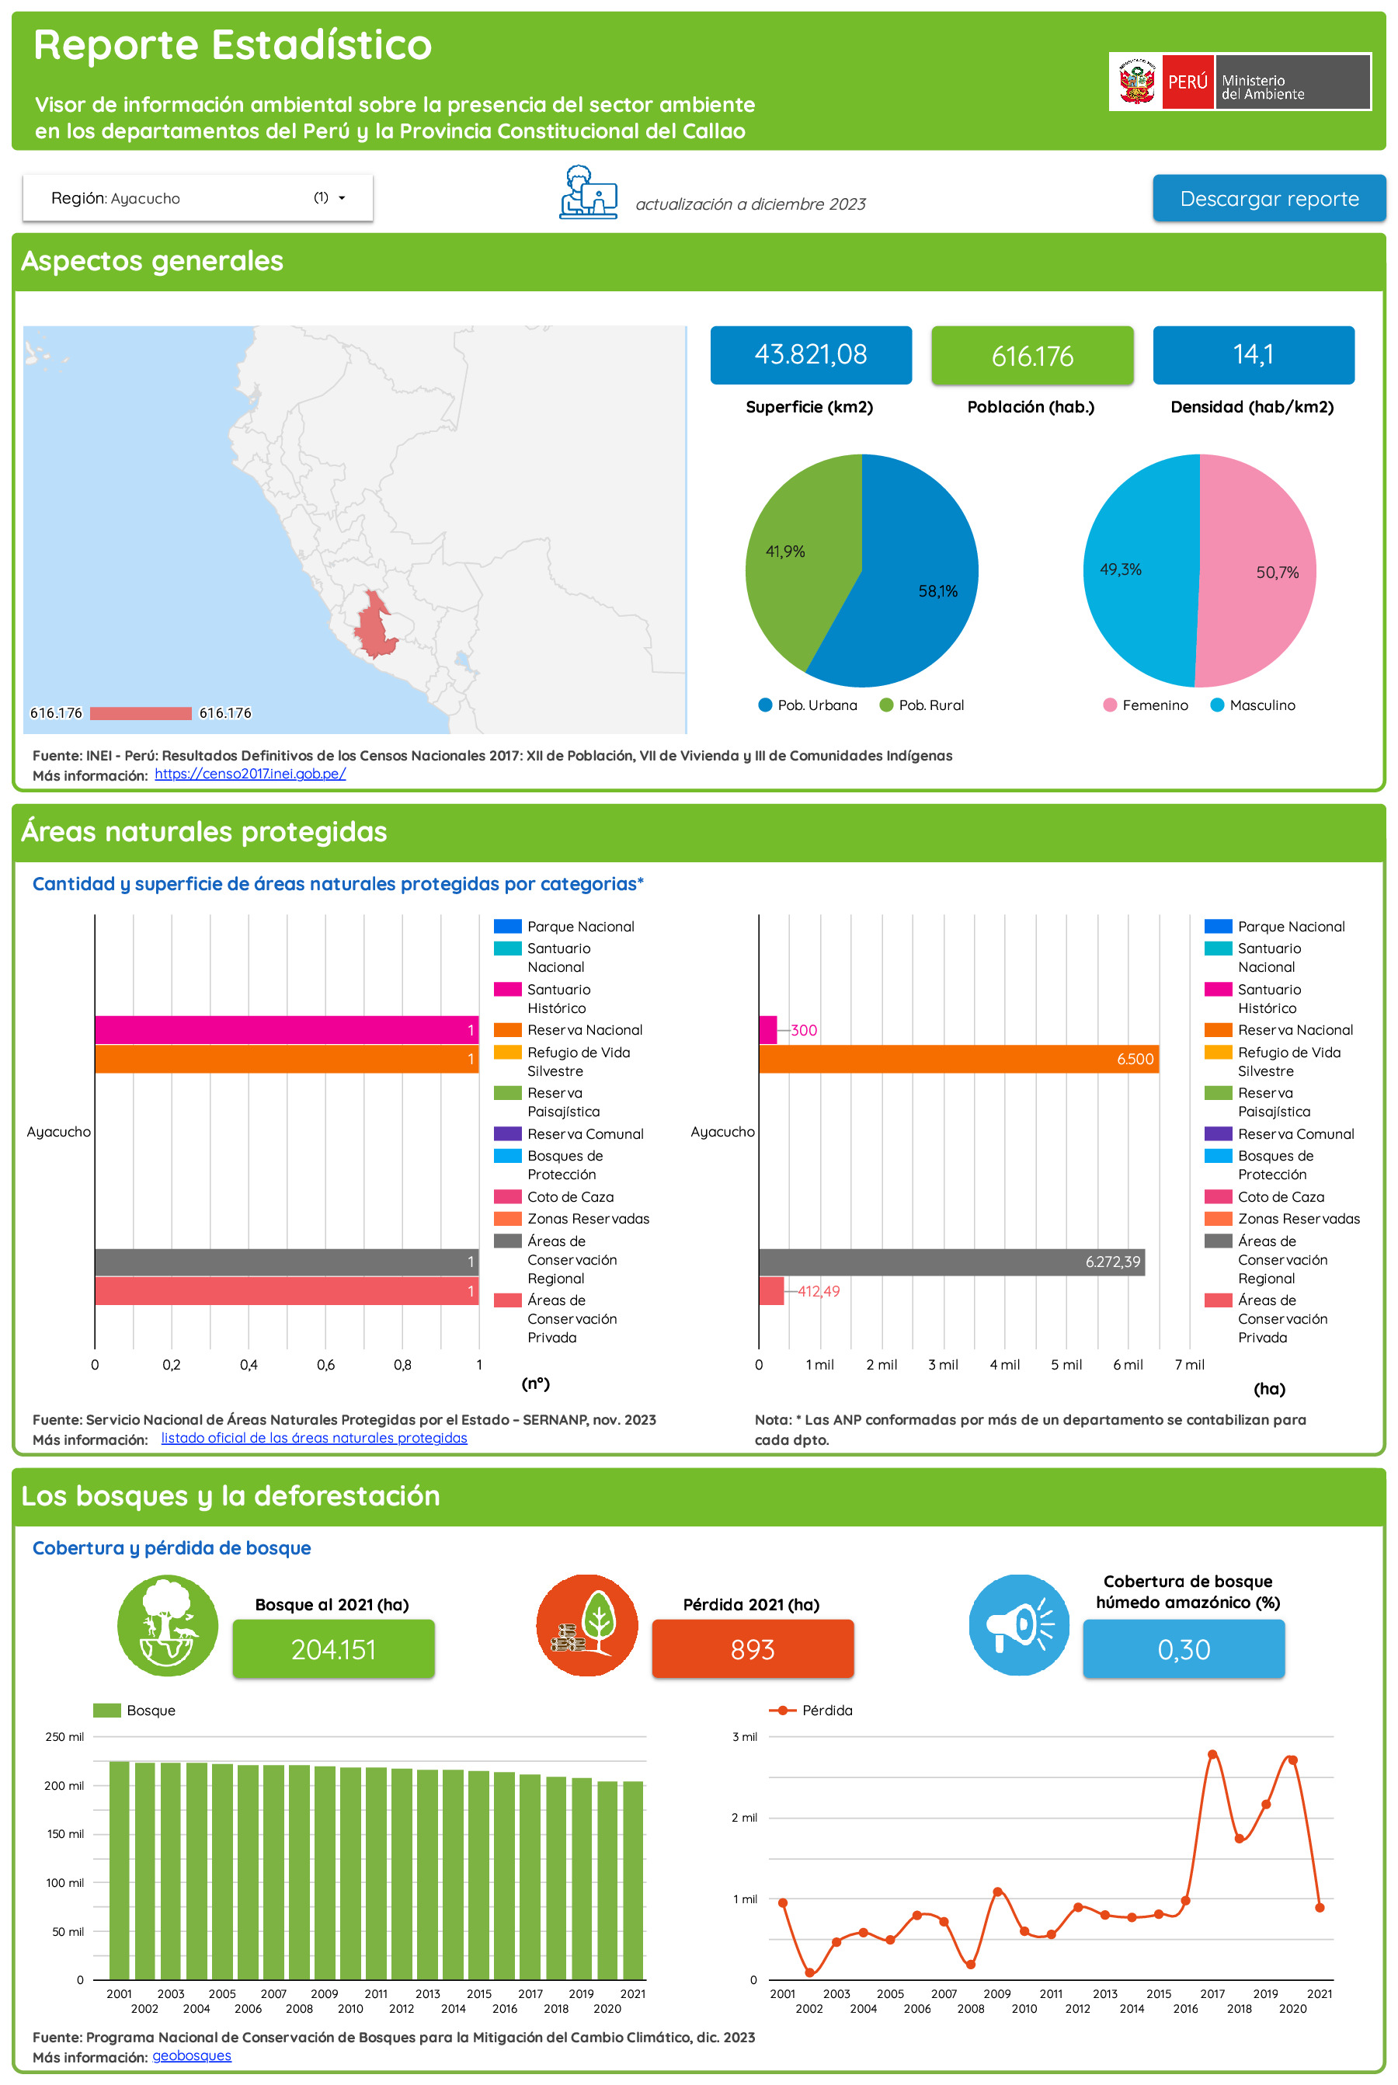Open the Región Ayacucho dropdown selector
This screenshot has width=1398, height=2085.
click(x=197, y=198)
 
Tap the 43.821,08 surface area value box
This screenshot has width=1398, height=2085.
click(x=810, y=355)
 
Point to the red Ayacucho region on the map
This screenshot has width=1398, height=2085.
click(x=374, y=628)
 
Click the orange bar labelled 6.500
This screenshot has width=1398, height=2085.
click(x=958, y=1059)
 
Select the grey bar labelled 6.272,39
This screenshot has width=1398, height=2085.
click(x=951, y=1262)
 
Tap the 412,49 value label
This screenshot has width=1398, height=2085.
click(x=819, y=1291)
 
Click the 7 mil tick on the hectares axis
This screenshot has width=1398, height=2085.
click(x=1189, y=1366)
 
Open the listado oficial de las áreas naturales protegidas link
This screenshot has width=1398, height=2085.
click(x=314, y=1439)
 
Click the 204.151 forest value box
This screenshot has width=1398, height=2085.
click(x=333, y=1650)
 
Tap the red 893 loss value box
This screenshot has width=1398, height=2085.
click(x=753, y=1650)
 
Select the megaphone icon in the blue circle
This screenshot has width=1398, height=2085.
click(x=1018, y=1625)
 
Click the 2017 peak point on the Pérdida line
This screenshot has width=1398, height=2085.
click(x=1212, y=1754)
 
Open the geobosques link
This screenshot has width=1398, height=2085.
click(x=192, y=2055)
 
